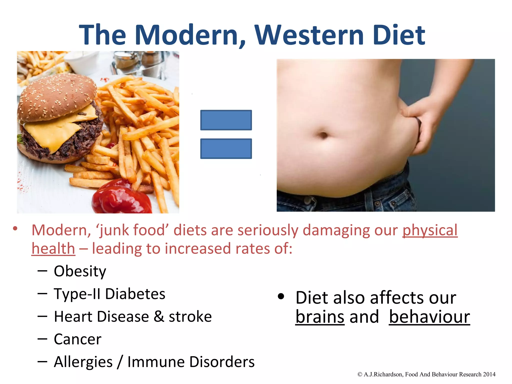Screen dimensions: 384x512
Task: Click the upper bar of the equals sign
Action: pyautogui.click(x=226, y=120)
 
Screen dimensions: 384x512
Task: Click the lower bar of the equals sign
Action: pyautogui.click(x=226, y=149)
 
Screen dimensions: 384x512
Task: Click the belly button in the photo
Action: pyautogui.click(x=323, y=135)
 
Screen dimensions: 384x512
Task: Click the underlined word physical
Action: pyautogui.click(x=430, y=230)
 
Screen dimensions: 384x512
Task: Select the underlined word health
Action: pyautogui.click(x=53, y=249)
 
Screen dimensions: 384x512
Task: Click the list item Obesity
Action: pyautogui.click(x=80, y=271)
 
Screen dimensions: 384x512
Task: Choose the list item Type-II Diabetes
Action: pyautogui.click(x=109, y=294)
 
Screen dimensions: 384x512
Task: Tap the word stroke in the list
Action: pyautogui.click(x=190, y=316)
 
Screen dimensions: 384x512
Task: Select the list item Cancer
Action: pyautogui.click(x=77, y=339)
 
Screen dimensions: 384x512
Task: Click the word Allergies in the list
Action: pyautogui.click(x=83, y=362)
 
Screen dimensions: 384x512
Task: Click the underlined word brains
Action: pyautogui.click(x=320, y=317)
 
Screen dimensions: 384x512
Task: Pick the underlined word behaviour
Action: pyautogui.click(x=429, y=317)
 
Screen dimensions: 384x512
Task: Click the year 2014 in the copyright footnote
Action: pyautogui.click(x=489, y=374)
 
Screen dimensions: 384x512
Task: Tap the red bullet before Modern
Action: pyautogui.click(x=15, y=228)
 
